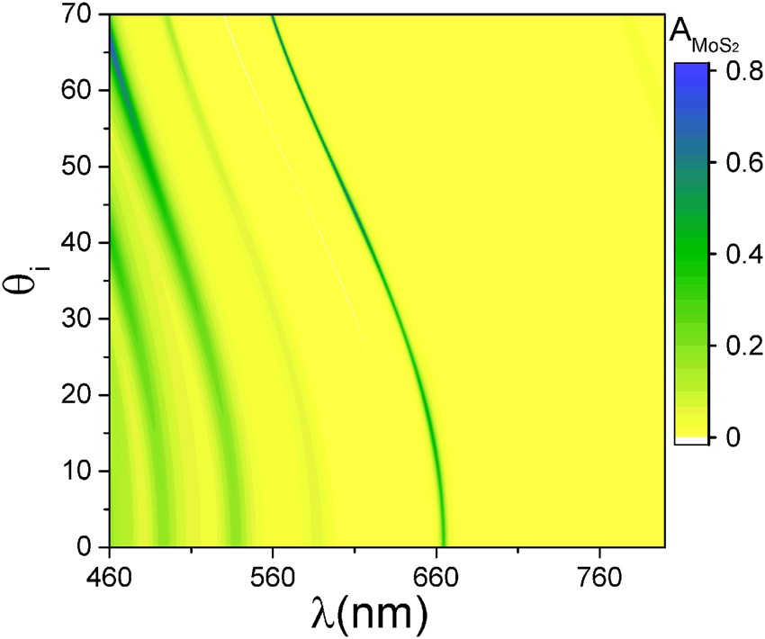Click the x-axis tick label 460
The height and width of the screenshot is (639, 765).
pos(109,574)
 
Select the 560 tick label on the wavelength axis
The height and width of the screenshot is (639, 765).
pos(272,574)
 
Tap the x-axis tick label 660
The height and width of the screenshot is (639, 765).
pos(436,574)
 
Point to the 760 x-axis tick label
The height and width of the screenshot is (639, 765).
pos(599,574)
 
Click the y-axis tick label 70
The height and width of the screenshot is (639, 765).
pos(79,15)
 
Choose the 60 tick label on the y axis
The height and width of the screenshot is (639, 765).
pos(79,91)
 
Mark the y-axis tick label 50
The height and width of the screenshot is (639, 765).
pos(79,167)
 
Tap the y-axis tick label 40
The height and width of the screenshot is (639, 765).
pos(79,243)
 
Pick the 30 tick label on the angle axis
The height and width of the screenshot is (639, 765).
pos(79,319)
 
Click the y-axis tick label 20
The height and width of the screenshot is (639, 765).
pos(79,395)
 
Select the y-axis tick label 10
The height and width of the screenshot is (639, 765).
pos(79,472)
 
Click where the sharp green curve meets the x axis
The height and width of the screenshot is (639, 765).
pos(442,545)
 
